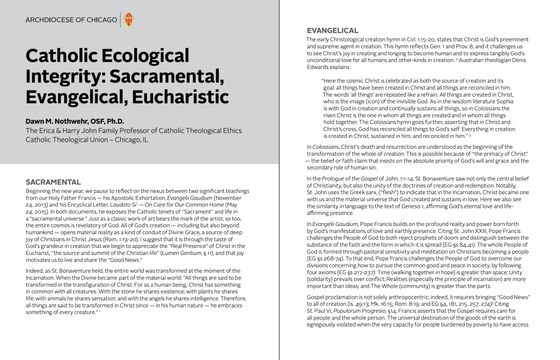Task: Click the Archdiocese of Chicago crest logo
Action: [x=129, y=20]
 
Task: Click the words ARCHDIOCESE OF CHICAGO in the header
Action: [x=71, y=20]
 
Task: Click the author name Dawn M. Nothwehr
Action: [x=75, y=121]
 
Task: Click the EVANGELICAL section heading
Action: [x=332, y=31]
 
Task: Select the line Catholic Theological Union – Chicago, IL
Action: [x=86, y=140]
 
